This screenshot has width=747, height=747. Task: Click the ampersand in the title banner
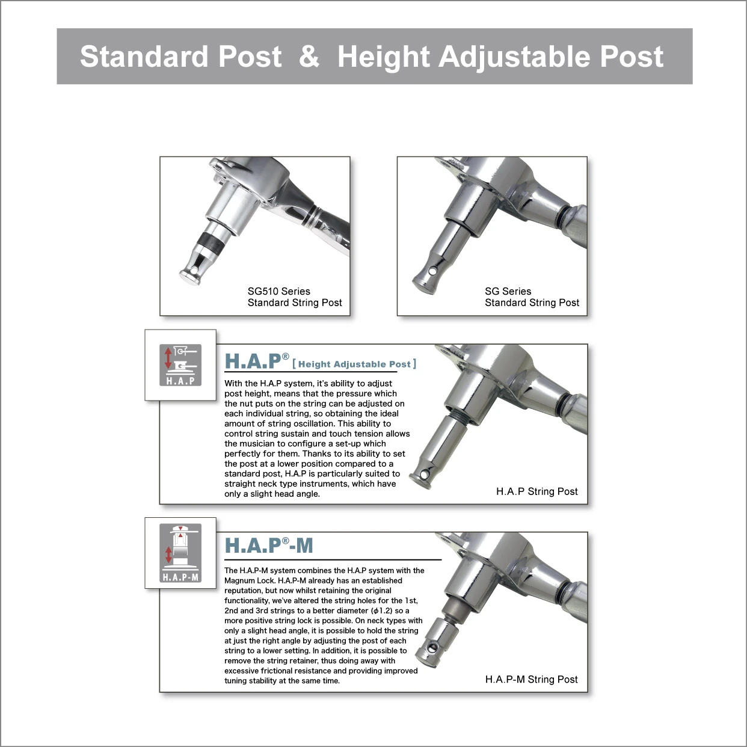[x=309, y=57]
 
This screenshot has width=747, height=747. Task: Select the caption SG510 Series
[x=278, y=291]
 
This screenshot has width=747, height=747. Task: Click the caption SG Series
[x=508, y=291]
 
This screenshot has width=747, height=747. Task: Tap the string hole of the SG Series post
[x=432, y=271]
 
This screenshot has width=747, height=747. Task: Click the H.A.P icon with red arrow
[x=180, y=364]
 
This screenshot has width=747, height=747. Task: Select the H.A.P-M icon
[x=180, y=553]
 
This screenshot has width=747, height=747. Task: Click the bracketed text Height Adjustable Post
[x=354, y=364]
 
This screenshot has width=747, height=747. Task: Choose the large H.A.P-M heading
[x=269, y=546]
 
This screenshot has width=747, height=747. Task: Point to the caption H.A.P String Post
[x=537, y=491]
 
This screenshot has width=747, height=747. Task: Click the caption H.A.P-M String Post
[x=531, y=679]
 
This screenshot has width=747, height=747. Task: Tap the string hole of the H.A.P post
[x=426, y=474]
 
